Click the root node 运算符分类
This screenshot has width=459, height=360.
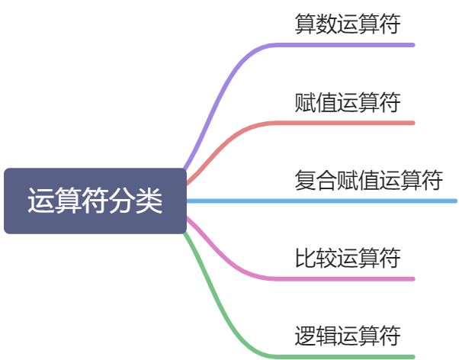point(95,201)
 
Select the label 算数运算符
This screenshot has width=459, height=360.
point(347,24)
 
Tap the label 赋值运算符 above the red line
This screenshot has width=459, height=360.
point(347,102)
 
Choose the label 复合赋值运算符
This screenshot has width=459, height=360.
point(368,181)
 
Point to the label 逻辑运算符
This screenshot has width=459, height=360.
point(347,336)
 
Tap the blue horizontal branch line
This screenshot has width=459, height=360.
point(320,201)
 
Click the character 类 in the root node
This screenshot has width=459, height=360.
point(151,201)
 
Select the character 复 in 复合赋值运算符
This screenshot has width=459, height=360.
point(305,181)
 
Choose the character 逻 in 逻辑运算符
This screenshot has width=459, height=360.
point(305,336)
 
